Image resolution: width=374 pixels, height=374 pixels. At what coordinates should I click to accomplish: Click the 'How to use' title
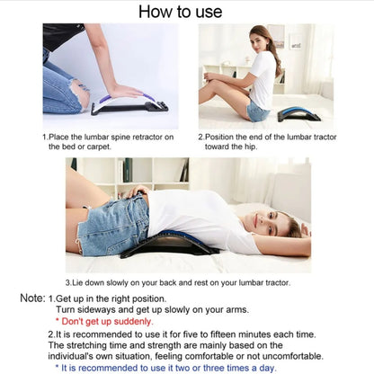[186, 12]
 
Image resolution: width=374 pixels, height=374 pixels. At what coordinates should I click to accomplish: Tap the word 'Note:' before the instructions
[33, 298]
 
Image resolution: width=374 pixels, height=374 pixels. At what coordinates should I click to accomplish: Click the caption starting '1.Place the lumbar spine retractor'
[100, 140]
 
